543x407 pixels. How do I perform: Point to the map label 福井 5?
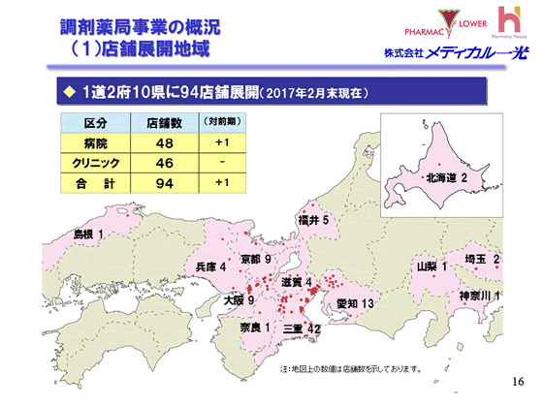(315, 221)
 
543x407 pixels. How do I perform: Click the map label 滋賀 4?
(296, 282)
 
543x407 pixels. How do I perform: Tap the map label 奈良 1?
(254, 329)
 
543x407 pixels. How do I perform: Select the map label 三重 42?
(301, 329)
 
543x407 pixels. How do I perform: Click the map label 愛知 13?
(355, 304)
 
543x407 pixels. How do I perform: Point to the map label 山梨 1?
(431, 266)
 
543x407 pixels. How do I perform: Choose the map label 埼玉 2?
(482, 259)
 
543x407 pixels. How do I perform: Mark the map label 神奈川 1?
(479, 295)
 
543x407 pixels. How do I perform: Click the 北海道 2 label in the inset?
(446, 178)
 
